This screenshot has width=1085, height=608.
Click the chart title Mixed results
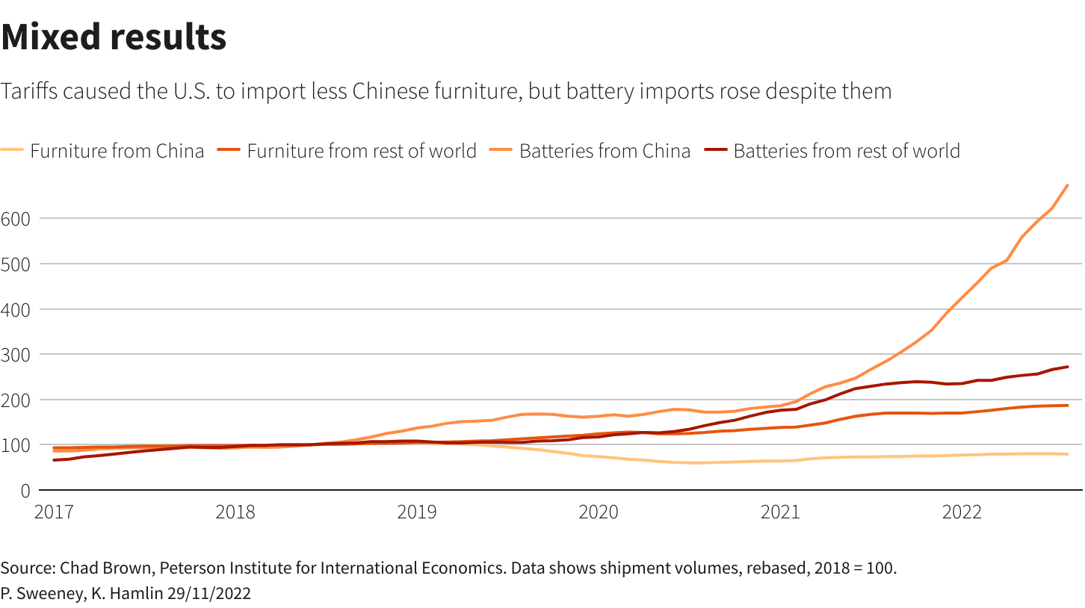[114, 37]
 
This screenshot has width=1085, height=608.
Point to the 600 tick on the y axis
[16, 218]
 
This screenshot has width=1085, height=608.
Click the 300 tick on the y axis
[16, 354]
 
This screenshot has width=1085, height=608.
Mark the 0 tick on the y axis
[25, 490]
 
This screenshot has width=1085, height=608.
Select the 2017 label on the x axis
[55, 512]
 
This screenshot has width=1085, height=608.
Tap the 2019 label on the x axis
[417, 512]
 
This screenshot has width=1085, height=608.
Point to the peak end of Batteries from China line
[1067, 185]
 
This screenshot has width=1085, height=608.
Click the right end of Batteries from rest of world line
[1067, 367]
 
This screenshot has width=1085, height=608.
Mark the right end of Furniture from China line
[1067, 454]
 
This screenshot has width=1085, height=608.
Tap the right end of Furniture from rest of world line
[1067, 406]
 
